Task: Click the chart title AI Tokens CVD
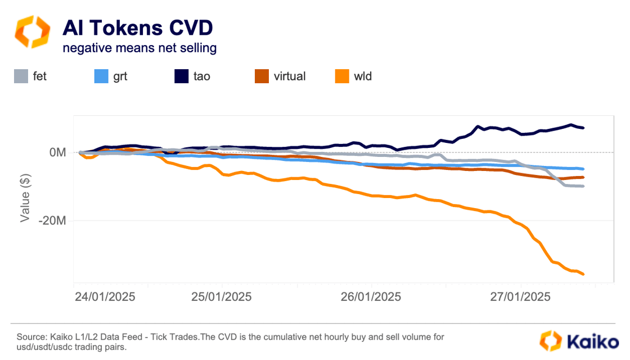137,28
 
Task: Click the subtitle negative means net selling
139,48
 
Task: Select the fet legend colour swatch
21,76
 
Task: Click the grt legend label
120,76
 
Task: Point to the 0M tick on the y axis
58,152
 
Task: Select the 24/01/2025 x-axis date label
104,296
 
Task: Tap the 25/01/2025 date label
221,296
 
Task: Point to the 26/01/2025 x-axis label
371,296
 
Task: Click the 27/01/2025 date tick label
520,296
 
